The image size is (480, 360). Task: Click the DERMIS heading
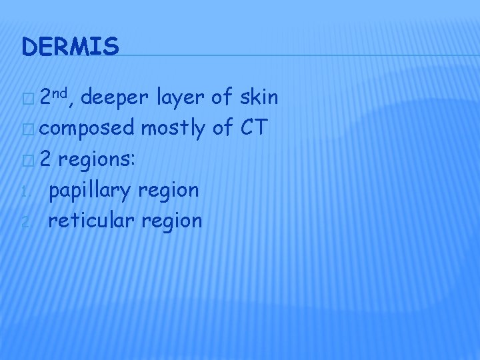pyautogui.click(x=70, y=46)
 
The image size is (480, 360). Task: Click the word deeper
pyautogui.click(x=117, y=99)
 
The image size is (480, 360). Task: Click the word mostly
pyautogui.click(x=172, y=129)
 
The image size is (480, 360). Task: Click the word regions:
pyautogui.click(x=105, y=160)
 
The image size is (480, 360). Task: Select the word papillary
pyautogui.click(x=91, y=191)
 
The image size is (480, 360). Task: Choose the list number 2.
pyautogui.click(x=25, y=222)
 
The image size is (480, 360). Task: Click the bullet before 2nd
pyautogui.click(x=27, y=99)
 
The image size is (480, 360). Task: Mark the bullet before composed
pyautogui.click(x=27, y=129)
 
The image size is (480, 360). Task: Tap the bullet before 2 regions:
pyautogui.click(x=27, y=160)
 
